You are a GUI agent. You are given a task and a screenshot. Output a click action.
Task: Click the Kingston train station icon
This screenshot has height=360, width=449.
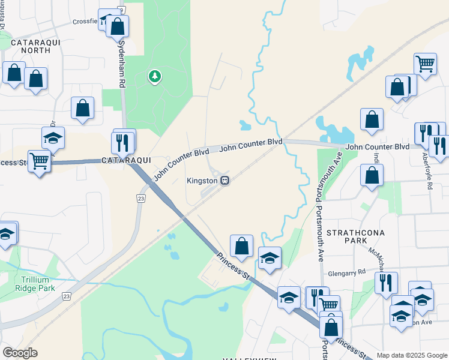pos(224,180)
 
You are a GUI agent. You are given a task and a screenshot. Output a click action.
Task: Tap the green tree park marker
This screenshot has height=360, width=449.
pos(155,76)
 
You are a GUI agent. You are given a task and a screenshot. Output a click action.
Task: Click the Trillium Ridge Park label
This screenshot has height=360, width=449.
pos(38,284)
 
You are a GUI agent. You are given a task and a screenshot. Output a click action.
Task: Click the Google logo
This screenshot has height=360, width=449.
pos(20,353)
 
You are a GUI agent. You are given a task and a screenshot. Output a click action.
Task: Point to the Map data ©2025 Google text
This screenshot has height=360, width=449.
pos(412,355)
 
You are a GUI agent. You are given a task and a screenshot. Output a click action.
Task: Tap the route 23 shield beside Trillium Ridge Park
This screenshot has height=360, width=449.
pos(65,296)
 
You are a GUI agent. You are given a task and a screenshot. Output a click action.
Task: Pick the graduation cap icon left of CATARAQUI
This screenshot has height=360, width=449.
pos(53,139)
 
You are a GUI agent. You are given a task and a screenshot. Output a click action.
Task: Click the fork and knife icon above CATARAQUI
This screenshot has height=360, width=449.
pos(124,142)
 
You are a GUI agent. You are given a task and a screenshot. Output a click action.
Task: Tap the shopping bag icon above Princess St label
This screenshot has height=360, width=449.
pos(241,245)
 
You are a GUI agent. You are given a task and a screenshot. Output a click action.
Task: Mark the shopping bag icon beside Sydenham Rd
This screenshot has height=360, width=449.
pos(117,26)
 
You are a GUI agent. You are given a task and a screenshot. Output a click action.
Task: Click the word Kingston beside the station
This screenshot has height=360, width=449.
pos(202,180)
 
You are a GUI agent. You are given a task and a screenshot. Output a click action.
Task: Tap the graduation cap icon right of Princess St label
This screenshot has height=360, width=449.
pos(270,259)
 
